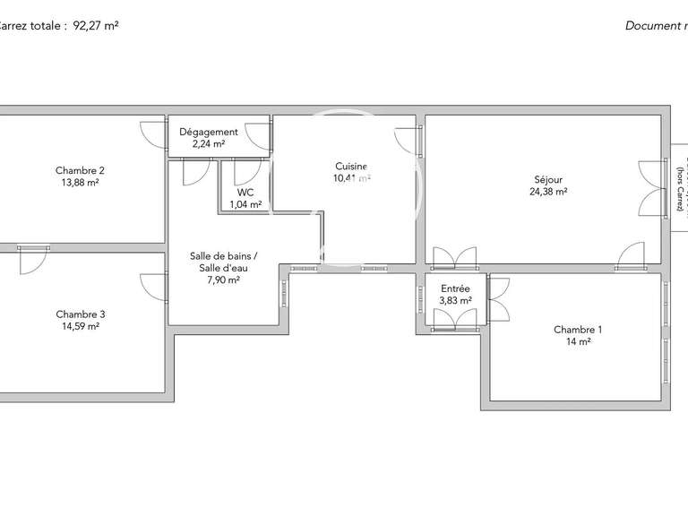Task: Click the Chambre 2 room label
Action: [81, 170]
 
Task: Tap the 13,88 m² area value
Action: [81, 183]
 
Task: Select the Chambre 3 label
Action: [81, 314]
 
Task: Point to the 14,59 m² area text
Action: [81, 326]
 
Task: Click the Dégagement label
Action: [209, 132]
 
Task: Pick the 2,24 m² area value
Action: [209, 143]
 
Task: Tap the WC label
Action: [245, 193]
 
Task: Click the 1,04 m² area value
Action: [245, 204]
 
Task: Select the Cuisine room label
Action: [350, 166]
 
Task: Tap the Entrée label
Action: [455, 288]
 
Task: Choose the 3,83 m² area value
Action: [455, 300]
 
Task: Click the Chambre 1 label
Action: [578, 330]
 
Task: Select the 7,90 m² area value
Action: [223, 280]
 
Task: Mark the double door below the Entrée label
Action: [455, 321]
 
